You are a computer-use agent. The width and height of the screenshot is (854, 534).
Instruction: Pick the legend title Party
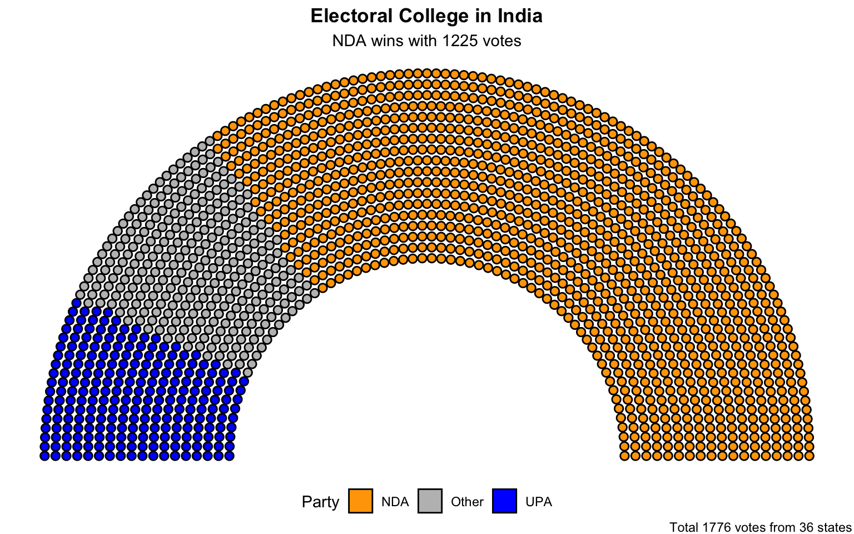click(x=320, y=502)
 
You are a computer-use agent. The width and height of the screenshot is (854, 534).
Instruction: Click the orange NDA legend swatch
click(x=360, y=501)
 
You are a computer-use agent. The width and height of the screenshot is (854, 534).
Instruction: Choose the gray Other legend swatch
click(x=430, y=501)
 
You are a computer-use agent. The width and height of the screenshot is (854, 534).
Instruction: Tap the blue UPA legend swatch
click(x=504, y=501)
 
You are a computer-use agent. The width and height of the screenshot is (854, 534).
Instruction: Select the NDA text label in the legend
click(x=395, y=502)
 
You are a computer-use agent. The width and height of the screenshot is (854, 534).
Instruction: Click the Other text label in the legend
click(x=467, y=502)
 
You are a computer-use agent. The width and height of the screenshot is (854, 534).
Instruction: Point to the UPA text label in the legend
click(x=538, y=502)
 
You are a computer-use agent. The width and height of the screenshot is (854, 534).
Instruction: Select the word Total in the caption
click(x=683, y=527)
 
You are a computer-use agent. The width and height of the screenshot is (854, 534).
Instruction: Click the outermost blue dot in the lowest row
click(x=44, y=456)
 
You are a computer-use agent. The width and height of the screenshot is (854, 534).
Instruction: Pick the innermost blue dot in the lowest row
click(x=229, y=456)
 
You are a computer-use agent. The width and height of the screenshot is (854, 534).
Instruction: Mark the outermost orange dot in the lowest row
click(x=810, y=456)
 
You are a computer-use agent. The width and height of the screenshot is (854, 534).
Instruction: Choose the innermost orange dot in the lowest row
click(x=624, y=456)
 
